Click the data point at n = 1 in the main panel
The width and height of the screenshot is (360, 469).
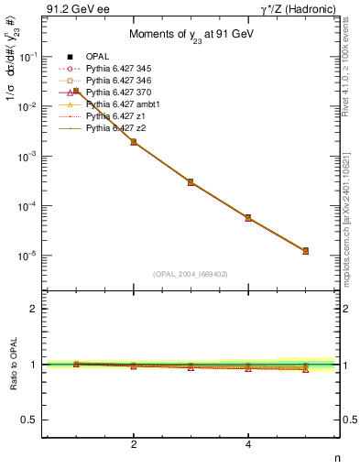pos(76,91)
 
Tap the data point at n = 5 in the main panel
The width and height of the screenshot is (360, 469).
pos(306,250)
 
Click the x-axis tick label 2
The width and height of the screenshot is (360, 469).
pos(134,444)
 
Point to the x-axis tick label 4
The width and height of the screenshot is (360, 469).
pos(248,444)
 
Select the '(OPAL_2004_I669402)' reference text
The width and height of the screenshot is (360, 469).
pos(191,274)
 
